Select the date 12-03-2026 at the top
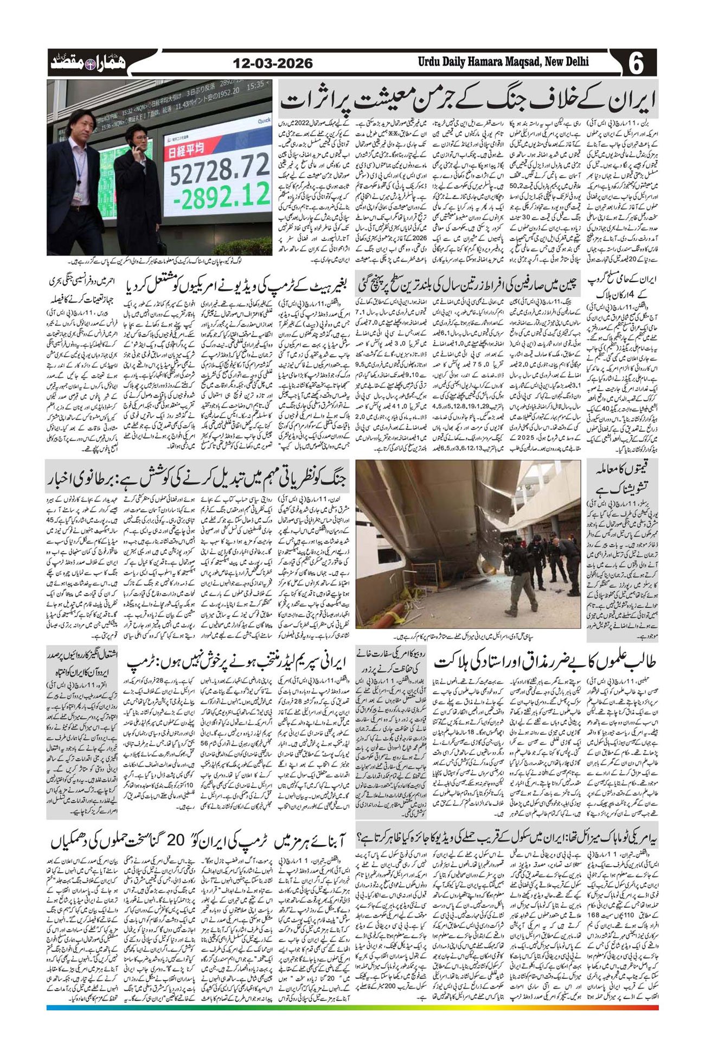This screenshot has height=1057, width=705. click(273, 63)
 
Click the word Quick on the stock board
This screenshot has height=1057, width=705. click(264, 120)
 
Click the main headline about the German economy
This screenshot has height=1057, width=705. click(467, 98)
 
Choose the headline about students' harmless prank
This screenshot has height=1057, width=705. click(546, 663)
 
